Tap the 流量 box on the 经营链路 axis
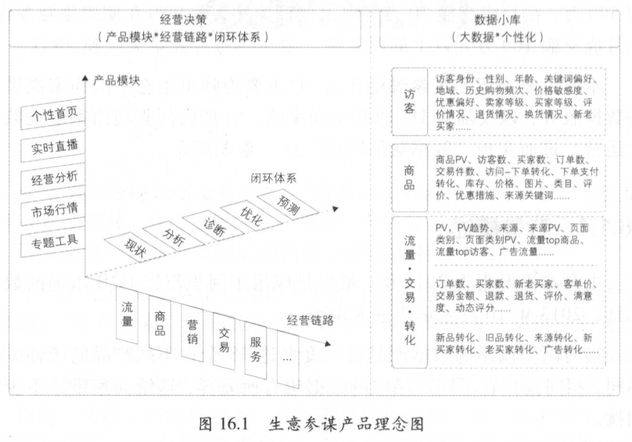pos(127,312)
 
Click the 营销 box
pos(192,329)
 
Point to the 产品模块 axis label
pos(119,80)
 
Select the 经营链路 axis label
pos(310,320)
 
